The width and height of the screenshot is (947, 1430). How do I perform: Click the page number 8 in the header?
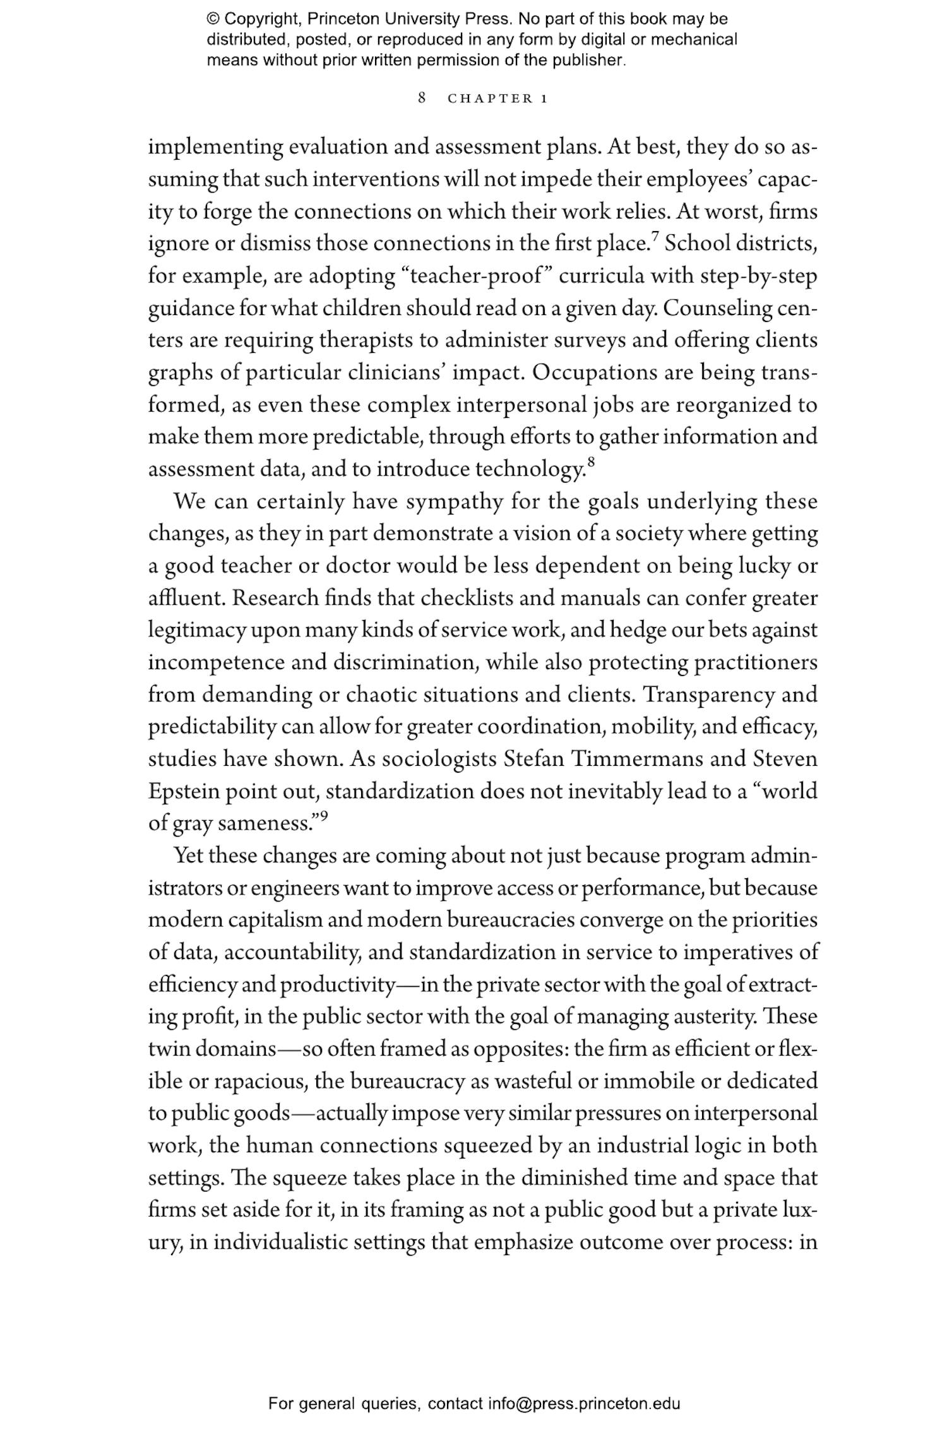point(422,98)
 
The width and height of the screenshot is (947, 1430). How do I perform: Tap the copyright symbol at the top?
point(213,19)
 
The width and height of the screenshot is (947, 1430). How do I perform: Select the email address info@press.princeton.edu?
point(583,1403)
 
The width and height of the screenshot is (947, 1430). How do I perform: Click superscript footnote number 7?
point(655,237)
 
